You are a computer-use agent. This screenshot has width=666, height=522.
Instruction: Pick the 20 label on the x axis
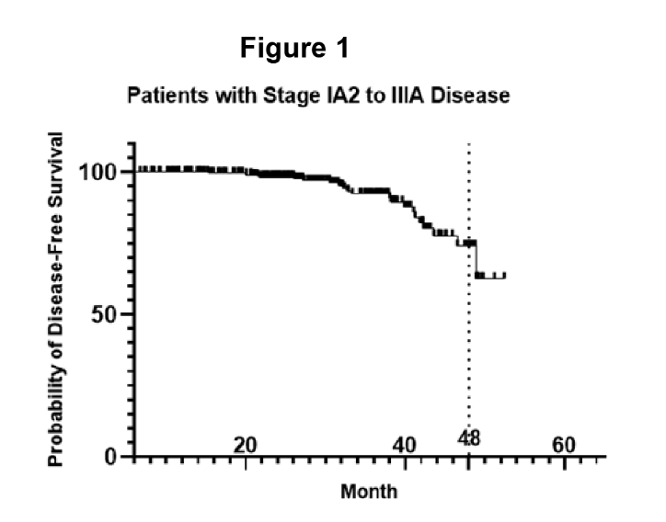tap(245, 445)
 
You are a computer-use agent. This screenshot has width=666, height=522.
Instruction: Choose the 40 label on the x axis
tap(404, 445)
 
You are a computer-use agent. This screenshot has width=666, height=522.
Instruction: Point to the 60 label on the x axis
tap(563, 445)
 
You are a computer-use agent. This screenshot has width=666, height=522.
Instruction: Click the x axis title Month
tap(369, 491)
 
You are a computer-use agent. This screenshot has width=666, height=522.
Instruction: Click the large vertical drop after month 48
tap(475, 258)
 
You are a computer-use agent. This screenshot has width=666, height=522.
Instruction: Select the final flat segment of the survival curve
tap(490, 275)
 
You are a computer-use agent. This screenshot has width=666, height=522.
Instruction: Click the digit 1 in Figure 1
tap(341, 49)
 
